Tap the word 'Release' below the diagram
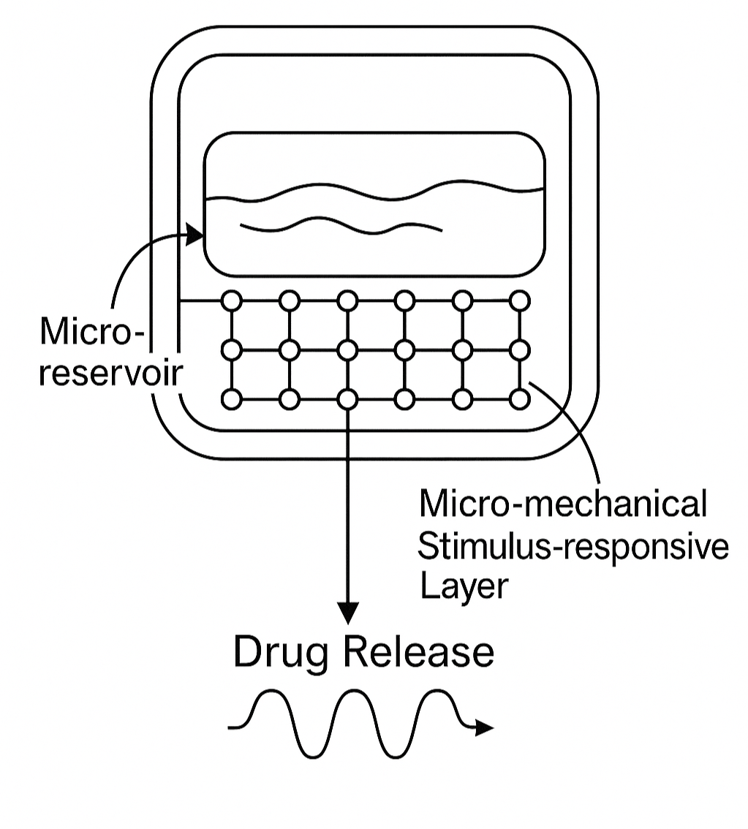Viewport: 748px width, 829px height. click(x=419, y=651)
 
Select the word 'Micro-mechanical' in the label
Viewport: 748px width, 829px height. click(x=562, y=504)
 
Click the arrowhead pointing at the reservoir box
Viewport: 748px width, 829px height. click(x=195, y=235)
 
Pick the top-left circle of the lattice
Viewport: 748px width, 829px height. click(x=232, y=300)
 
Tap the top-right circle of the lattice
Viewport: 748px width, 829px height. click(x=519, y=300)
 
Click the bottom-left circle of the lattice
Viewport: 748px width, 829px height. click(x=232, y=399)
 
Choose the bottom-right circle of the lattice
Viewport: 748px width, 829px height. click(x=519, y=399)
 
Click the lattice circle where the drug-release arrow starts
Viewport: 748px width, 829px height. click(x=348, y=399)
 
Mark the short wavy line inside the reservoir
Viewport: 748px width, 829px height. click(x=341, y=224)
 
